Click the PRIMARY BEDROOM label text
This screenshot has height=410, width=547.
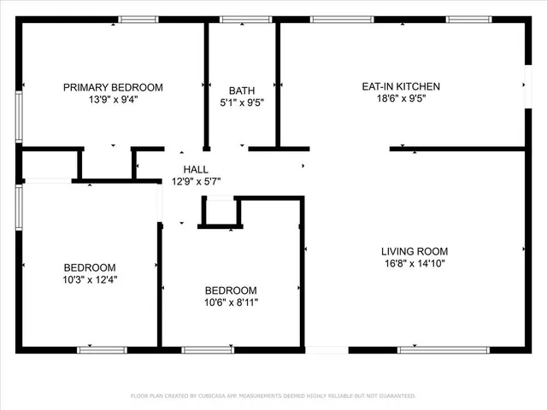tap(113, 87)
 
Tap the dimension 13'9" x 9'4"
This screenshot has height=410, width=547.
tap(113, 98)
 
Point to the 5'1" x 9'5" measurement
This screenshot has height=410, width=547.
tap(242, 102)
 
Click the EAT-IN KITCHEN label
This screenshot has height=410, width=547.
tap(401, 86)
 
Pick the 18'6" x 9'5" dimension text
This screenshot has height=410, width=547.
tap(401, 98)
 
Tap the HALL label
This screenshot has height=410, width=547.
tap(196, 169)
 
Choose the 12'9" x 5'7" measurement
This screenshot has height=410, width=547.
tap(196, 181)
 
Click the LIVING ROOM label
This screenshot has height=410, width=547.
tap(415, 251)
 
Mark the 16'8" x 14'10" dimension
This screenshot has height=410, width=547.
tap(415, 263)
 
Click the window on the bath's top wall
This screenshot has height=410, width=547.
tap(245, 19)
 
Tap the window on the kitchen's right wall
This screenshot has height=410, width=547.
tap(525, 85)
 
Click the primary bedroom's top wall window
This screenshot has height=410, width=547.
tap(138, 19)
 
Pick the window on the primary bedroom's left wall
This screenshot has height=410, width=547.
tap(18, 115)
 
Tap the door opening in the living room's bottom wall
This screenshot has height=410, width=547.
tap(326, 348)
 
